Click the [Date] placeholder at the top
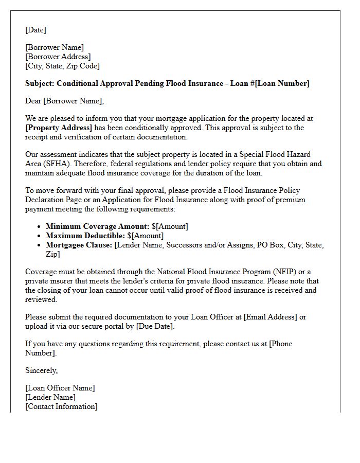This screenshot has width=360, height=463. (35, 30)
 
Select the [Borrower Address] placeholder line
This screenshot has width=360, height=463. (58, 57)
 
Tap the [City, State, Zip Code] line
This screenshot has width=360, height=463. (62, 66)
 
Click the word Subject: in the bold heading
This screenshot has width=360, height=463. (40, 83)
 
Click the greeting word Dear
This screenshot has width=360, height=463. (34, 101)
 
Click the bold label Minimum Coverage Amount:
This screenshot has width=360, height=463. (98, 226)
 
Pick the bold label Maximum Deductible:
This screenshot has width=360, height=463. (85, 236)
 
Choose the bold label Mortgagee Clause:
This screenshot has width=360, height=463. (79, 245)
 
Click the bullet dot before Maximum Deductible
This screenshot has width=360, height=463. (40, 236)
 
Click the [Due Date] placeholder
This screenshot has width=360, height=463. (154, 326)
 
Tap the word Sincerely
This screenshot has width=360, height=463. (42, 370)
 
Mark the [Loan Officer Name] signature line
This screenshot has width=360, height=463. (60, 388)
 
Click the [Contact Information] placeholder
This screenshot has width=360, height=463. (61, 406)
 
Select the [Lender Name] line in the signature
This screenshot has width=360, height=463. (50, 397)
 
